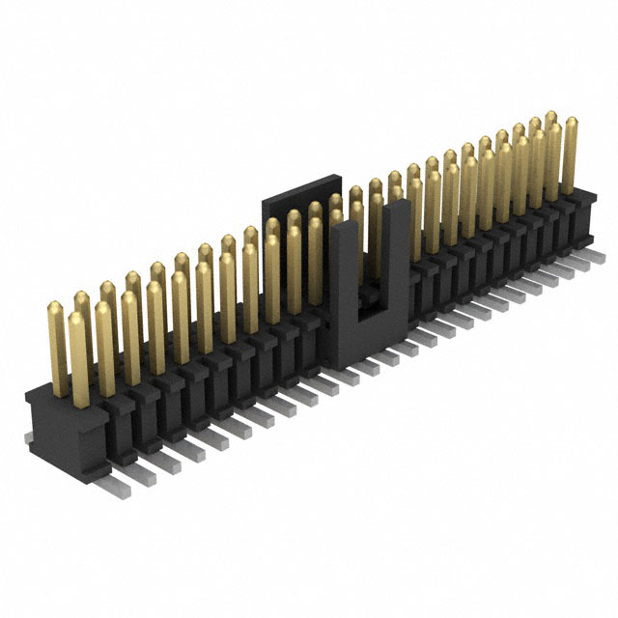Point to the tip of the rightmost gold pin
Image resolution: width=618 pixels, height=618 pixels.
coord(571,123)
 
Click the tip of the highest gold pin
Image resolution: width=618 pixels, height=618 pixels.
coord(551,116)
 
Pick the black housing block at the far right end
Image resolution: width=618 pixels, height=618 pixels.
coord(584,217)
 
